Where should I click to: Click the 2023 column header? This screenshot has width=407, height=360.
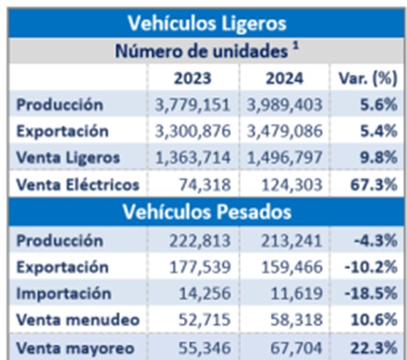[x=193, y=77]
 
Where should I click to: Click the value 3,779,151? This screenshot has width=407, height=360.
[x=193, y=105]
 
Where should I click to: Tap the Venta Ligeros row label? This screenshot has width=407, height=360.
[x=68, y=158]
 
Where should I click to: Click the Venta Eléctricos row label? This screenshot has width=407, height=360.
[x=77, y=185]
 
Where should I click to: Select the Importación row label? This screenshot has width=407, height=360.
[x=63, y=293]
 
